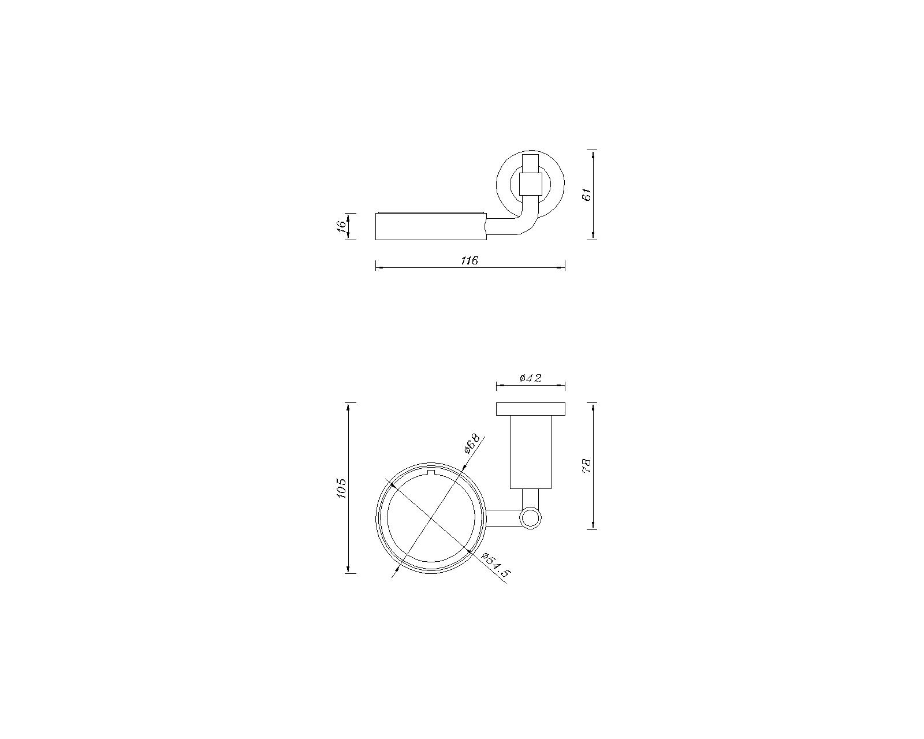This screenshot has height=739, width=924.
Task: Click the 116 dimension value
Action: click(470, 260)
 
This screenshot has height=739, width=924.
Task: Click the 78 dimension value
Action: click(587, 466)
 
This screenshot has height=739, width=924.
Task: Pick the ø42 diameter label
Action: click(530, 378)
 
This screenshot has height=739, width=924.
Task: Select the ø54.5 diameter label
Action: click(497, 565)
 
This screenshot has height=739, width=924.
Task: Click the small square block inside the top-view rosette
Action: click(530, 184)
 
